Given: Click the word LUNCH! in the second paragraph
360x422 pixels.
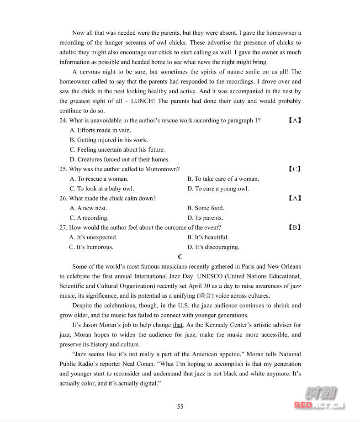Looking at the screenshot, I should (x=143, y=101).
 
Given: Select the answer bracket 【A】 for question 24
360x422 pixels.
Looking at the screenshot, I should (x=295, y=121).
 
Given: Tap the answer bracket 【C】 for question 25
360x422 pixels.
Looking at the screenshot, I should (x=295, y=169).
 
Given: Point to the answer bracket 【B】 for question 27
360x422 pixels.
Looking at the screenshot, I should (x=295, y=227).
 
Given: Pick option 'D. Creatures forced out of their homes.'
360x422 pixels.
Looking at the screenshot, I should (x=120, y=159).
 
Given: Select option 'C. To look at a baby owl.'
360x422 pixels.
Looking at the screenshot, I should (x=102, y=189).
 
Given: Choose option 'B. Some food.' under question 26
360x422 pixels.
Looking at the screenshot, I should (x=206, y=208).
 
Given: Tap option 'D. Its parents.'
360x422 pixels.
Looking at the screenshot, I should (x=205, y=218).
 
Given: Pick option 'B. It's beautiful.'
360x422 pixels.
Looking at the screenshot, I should (x=208, y=237).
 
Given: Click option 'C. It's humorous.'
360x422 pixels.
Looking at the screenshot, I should (x=91, y=247).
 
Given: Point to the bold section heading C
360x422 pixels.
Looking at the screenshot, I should (x=180, y=257).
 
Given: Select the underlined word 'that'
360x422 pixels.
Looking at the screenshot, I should (x=178, y=325).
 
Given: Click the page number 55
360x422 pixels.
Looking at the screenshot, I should (x=180, y=406).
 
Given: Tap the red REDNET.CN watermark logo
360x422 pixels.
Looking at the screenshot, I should (x=319, y=404).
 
